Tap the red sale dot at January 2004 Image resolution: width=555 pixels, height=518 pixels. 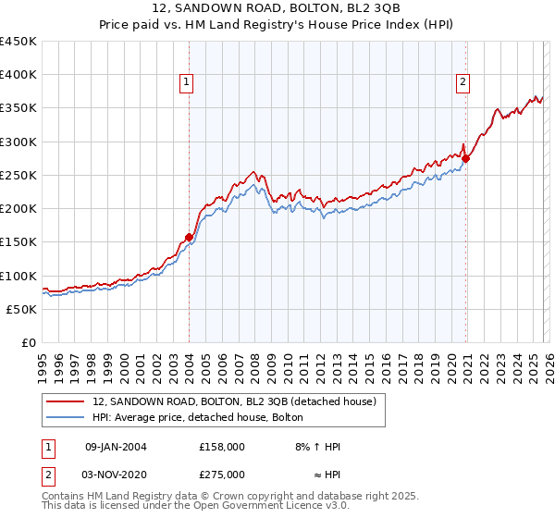(x=189, y=237)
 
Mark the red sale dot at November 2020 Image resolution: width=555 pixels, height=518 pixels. (x=466, y=158)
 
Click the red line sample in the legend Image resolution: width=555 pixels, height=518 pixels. (x=67, y=401)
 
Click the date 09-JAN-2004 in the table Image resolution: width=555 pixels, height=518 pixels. (x=115, y=447)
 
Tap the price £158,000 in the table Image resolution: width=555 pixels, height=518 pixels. (x=221, y=447)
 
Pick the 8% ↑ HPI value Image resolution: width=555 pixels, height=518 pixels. (x=318, y=447)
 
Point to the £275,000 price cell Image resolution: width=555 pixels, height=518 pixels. (x=221, y=473)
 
